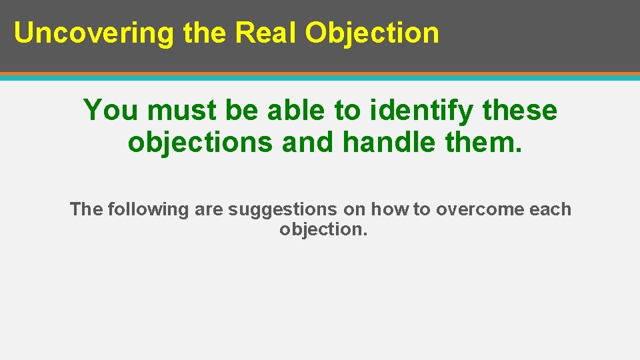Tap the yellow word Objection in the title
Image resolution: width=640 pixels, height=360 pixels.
click(372, 33)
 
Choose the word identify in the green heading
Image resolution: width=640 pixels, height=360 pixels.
click(418, 110)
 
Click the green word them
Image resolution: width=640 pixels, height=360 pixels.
click(481, 142)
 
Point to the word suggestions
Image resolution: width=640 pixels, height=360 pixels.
click(283, 209)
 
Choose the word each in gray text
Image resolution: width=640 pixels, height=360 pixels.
click(551, 209)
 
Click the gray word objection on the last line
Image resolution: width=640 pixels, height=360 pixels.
click(323, 229)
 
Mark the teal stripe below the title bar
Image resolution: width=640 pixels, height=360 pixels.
click(320, 77)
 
